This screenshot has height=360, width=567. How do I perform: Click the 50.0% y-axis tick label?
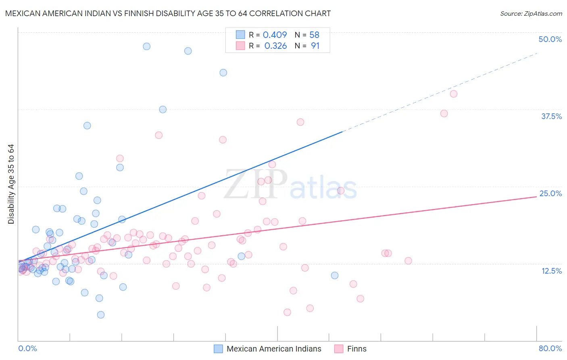click(550, 39)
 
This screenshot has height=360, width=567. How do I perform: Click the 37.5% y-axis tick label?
click(551, 116)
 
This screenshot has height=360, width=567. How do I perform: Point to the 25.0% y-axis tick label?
click(550, 193)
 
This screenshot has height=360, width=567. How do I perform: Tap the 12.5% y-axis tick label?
click(551, 271)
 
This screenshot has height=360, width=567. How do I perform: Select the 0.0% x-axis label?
click(27, 348)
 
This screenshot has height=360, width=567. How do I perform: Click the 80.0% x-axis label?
click(550, 348)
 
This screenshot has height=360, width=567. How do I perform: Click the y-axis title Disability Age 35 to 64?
click(11, 184)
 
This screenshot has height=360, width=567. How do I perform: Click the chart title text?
click(168, 13)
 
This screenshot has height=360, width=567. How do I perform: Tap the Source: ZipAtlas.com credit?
click(531, 13)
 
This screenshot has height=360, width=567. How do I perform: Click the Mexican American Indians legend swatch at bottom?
click(218, 349)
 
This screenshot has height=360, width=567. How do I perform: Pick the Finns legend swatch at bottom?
click(339, 349)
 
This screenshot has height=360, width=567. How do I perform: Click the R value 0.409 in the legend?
click(275, 35)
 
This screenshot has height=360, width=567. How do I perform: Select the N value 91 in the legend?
click(315, 46)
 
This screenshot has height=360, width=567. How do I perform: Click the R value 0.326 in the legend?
click(275, 46)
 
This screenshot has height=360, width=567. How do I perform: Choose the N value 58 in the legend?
click(314, 35)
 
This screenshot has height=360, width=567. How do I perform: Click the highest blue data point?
click(147, 46)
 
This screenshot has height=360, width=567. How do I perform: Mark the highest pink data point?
click(453, 94)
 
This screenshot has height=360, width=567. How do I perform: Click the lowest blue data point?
click(101, 315)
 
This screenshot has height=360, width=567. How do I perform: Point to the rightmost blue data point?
click(335, 276)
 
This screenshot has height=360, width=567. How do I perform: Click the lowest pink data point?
click(287, 312)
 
